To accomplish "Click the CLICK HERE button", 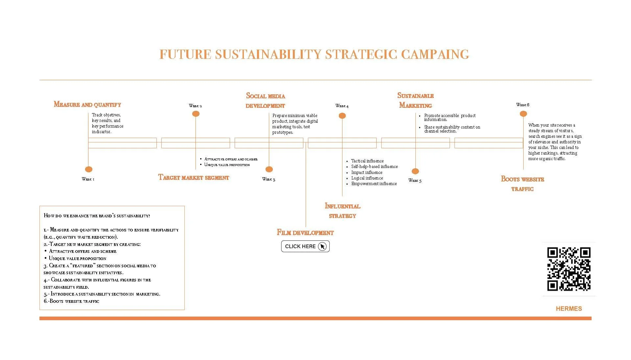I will pyautogui.click(x=305, y=246).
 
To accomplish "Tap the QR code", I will pyautogui.click(x=569, y=269).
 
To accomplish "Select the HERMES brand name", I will pyautogui.click(x=569, y=308).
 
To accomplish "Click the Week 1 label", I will pyautogui.click(x=88, y=179).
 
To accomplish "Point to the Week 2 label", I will pyautogui.click(x=196, y=106).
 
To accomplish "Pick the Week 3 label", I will pyautogui.click(x=269, y=179).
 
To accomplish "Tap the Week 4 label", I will pyautogui.click(x=342, y=106).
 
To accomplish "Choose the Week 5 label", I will pyautogui.click(x=415, y=180).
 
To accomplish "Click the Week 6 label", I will pyautogui.click(x=523, y=105).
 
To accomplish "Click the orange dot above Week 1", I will pyautogui.click(x=89, y=169).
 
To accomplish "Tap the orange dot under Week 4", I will pyautogui.click(x=342, y=116).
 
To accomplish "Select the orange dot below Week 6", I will pyautogui.click(x=523, y=114).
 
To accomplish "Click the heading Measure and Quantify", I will pyautogui.click(x=87, y=105).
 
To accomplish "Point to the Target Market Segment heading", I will pyautogui.click(x=194, y=178).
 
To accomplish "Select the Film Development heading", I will pyautogui.click(x=305, y=233).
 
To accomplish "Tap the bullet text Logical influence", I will pyautogui.click(x=367, y=178).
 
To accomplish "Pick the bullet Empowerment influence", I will pyautogui.click(x=374, y=184).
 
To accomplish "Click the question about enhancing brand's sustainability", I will pyautogui.click(x=97, y=216).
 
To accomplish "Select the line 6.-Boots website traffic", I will pyautogui.click(x=71, y=301).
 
